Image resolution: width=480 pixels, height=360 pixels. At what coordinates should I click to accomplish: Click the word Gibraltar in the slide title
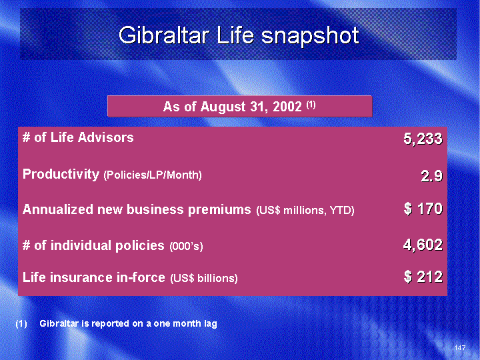pos(164,35)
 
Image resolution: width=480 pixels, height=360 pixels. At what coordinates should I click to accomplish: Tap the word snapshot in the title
pos(310,37)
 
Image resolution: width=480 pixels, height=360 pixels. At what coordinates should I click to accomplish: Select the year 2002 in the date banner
pos(287,107)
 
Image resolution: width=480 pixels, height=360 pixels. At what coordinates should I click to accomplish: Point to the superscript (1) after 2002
pos(311,105)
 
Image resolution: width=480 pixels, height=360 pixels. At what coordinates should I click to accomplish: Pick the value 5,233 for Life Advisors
pos(423,139)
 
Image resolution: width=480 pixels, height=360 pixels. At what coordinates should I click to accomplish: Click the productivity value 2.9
pos(431,176)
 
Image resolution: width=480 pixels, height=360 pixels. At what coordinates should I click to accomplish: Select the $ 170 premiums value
pos(423,209)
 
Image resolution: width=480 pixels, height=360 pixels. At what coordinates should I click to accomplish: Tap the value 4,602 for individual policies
pos(423,245)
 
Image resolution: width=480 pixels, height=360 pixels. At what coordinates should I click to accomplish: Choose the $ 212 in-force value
pos(423,277)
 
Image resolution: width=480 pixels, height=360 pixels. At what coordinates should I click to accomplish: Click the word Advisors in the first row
pos(105,137)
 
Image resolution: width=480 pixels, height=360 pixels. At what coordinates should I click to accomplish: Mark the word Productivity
pos(61,174)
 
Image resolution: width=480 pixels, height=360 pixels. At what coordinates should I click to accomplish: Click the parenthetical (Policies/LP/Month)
pos(153,175)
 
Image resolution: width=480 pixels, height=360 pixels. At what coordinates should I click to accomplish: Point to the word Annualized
pos(57,209)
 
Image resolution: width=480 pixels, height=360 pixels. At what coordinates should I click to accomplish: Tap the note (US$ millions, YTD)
pos(305,210)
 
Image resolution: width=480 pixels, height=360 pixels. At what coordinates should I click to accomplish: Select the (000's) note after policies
pos(186,246)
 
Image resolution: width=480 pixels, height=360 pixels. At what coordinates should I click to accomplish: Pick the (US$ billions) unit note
pos(204,278)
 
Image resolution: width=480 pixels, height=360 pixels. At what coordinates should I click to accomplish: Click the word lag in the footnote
pos(210,324)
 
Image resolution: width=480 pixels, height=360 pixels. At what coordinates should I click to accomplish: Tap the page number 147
pos(460,347)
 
